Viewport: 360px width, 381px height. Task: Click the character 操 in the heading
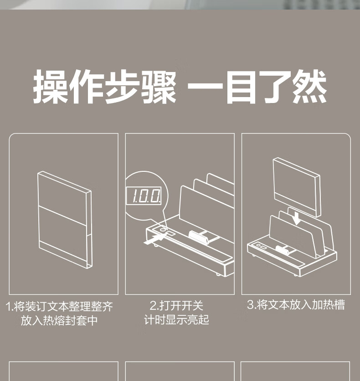tap(50, 86)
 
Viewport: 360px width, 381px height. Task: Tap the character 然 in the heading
tap(309, 86)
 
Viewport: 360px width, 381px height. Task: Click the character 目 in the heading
tap(240, 87)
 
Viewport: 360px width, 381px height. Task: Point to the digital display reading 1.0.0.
tap(144, 196)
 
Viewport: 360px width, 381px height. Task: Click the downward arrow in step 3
tap(296, 218)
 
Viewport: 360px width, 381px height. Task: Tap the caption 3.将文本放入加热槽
tap(296, 305)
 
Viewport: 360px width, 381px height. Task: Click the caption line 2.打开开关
tap(176, 305)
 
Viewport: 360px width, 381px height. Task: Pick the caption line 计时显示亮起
tap(177, 320)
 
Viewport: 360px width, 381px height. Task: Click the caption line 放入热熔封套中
tap(59, 320)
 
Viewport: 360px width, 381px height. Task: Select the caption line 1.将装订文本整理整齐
tap(60, 306)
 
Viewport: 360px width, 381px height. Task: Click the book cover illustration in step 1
tap(65, 220)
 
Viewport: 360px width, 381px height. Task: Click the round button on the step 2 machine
tap(162, 230)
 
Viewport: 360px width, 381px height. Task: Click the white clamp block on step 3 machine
tap(282, 250)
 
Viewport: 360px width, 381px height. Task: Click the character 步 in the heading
tap(122, 86)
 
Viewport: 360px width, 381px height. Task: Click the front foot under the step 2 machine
tap(155, 246)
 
